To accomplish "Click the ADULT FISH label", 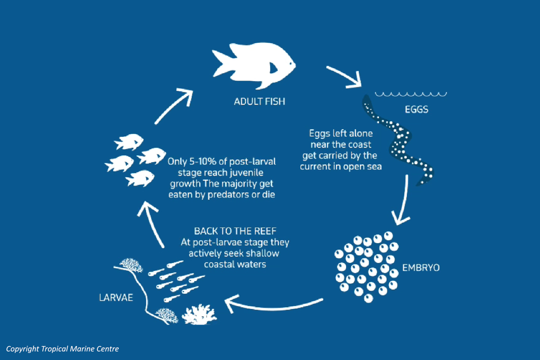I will [259, 102].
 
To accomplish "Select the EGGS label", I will [416, 109].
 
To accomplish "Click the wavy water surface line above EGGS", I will [411, 94].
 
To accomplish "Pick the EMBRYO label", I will [421, 268].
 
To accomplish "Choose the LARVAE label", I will [116, 298].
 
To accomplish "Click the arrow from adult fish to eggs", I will [345, 77].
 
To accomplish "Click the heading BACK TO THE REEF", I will [235, 231].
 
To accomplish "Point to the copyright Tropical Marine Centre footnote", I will [62, 349].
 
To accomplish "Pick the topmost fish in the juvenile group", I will [129, 142].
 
